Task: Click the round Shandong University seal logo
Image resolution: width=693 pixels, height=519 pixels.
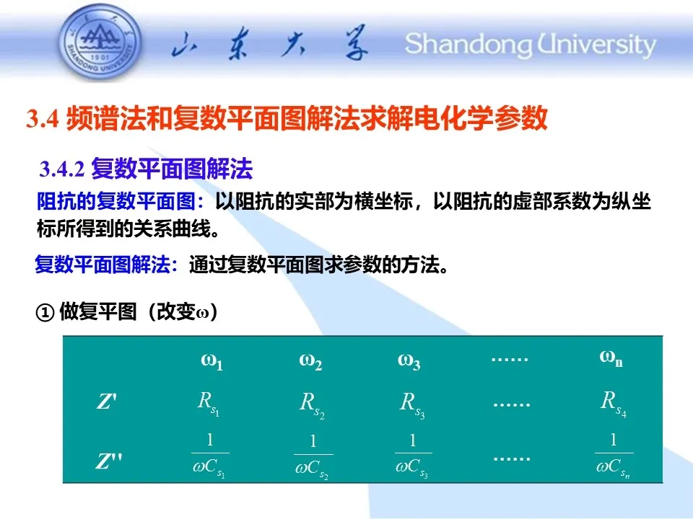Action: [100, 42]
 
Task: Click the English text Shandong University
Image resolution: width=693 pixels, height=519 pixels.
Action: [531, 45]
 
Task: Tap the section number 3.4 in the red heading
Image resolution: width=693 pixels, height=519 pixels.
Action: [42, 118]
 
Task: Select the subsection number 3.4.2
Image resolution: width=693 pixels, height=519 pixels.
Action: [61, 169]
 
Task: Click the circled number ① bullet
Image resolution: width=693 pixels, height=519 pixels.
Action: [45, 313]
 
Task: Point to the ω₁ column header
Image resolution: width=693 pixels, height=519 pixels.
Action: [212, 361]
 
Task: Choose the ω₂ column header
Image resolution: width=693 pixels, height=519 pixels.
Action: [310, 361]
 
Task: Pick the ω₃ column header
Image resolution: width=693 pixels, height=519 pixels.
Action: [409, 361]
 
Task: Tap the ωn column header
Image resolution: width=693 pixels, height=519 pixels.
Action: [611, 358]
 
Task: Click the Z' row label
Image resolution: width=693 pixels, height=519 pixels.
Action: [107, 402]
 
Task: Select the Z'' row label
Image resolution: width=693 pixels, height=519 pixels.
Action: [109, 461]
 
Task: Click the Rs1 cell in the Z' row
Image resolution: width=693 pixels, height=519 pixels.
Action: [208, 404]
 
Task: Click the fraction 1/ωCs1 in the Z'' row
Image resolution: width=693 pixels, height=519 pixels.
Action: [210, 456]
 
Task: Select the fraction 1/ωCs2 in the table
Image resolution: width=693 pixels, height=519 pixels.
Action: [313, 457]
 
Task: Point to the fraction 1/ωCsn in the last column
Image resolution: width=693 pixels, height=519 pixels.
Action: [614, 456]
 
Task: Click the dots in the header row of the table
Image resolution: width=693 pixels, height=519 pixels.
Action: [510, 360]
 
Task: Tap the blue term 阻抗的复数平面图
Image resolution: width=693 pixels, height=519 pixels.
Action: [115, 202]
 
